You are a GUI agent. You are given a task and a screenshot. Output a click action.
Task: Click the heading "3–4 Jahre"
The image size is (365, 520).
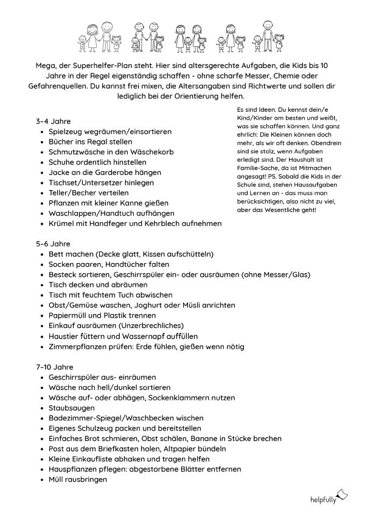pyautogui.click(x=53, y=121)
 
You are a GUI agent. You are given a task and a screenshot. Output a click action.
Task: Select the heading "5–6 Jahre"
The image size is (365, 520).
pyautogui.click(x=53, y=244)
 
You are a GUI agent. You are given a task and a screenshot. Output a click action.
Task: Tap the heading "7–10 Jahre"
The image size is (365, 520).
pyautogui.click(x=55, y=367)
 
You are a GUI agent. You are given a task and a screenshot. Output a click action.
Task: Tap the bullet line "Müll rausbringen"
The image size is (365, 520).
pyautogui.click(x=78, y=479)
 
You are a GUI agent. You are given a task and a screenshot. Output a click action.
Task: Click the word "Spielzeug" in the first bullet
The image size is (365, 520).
pyautogui.click(x=67, y=131)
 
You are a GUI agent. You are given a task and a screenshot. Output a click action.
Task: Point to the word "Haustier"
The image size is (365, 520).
pyautogui.click(x=64, y=336)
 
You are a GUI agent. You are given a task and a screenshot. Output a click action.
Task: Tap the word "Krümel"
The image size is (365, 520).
pyautogui.click(x=61, y=224)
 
